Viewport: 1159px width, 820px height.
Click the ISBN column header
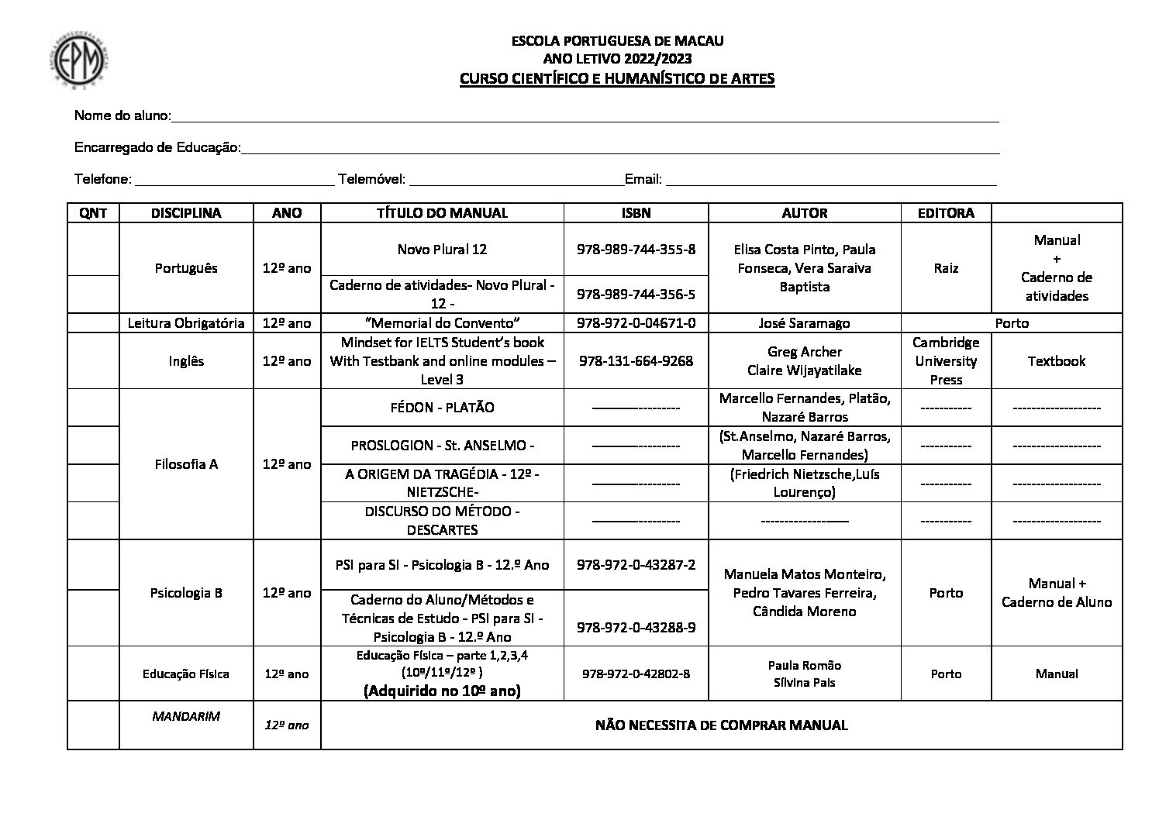click(636, 213)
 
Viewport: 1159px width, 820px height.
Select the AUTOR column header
click(805, 213)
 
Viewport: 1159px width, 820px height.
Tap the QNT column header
click(93, 213)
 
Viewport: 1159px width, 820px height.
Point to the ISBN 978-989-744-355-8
click(636, 250)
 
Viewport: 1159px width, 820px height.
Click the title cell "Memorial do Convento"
click(442, 323)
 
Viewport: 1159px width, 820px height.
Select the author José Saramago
click(805, 323)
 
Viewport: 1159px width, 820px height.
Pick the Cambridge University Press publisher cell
click(946, 361)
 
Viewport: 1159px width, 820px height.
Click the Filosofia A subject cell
click(186, 464)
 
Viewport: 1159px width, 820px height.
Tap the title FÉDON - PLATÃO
click(442, 408)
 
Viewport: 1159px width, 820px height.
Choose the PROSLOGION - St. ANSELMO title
click(442, 446)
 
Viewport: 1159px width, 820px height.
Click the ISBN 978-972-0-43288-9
click(636, 627)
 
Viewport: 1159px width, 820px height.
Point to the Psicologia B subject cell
click(186, 593)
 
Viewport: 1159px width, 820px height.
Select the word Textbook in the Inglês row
click(1056, 361)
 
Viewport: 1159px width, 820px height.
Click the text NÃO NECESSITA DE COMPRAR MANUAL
click(721, 725)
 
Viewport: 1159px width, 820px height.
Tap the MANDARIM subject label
click(186, 716)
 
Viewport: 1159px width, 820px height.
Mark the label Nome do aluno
click(122, 116)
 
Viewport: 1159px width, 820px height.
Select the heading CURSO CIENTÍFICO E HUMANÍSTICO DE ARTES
click(617, 79)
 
